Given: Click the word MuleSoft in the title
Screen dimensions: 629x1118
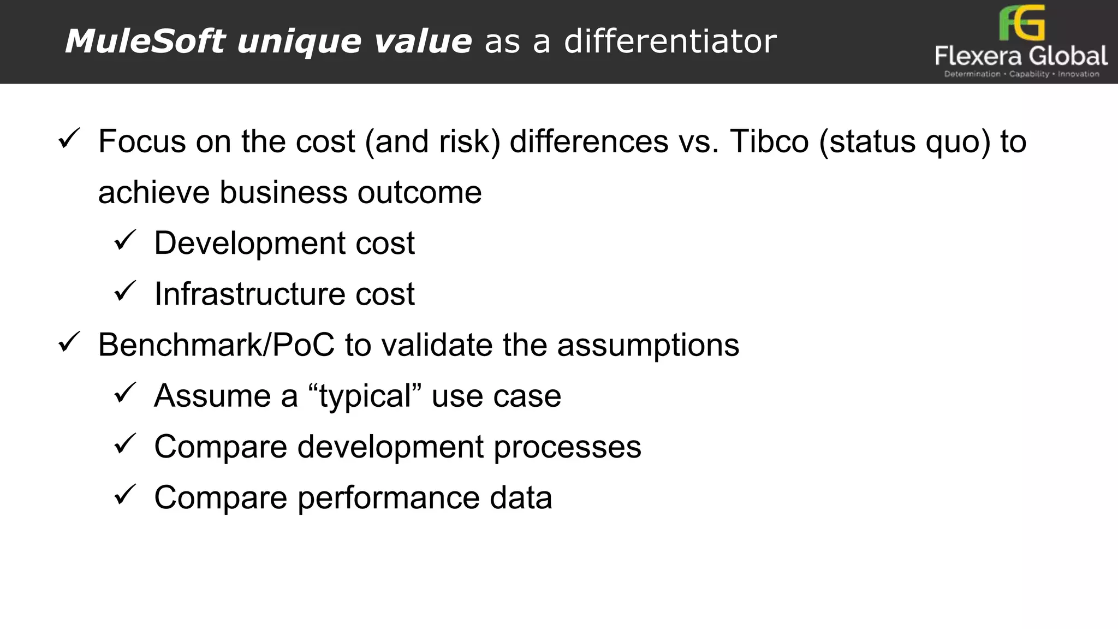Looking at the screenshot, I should [x=145, y=41].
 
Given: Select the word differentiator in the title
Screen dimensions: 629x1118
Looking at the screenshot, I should [x=670, y=41].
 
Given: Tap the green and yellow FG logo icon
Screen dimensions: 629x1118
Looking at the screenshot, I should [x=1021, y=23].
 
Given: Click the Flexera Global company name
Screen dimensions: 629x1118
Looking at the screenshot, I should [x=1021, y=56].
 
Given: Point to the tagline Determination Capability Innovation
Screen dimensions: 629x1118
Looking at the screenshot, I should [x=1021, y=74].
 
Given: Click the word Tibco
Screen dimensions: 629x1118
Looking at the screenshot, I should [x=769, y=141].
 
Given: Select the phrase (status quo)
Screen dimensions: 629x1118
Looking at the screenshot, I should [x=905, y=141].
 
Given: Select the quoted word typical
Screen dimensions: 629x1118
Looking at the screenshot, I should [x=365, y=396].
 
